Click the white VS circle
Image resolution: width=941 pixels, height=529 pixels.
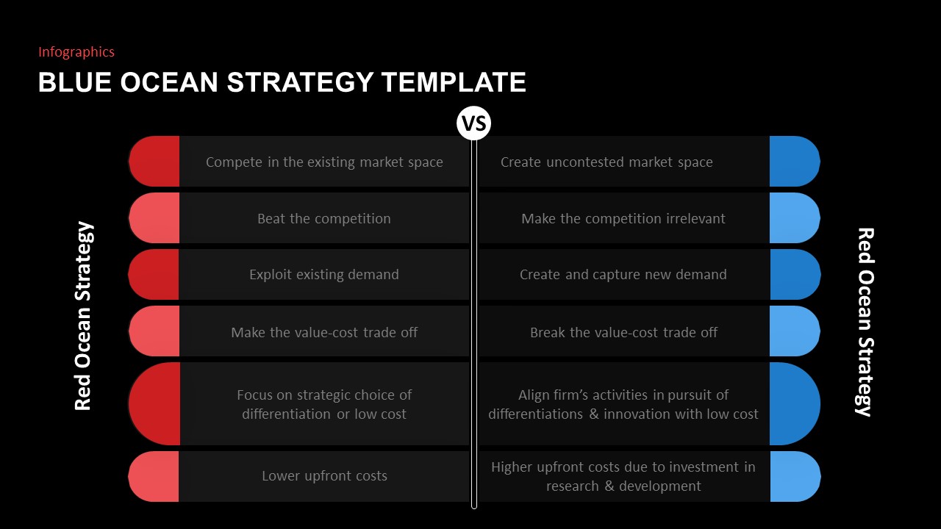(473, 123)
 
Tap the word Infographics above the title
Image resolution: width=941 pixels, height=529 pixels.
(76, 52)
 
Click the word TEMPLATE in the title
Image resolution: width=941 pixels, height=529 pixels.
(454, 82)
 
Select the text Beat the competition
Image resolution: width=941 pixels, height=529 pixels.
(324, 218)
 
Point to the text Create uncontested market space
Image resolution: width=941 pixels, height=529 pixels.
(607, 162)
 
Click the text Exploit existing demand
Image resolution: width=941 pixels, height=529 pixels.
(324, 274)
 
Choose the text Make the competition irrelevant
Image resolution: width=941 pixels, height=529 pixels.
(623, 218)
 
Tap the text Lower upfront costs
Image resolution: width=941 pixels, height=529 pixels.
(324, 476)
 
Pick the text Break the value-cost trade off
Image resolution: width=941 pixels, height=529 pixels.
(623, 332)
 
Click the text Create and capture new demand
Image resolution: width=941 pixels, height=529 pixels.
(623, 274)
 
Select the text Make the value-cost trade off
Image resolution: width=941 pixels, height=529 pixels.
(324, 332)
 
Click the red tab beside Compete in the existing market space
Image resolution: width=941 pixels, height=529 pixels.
(155, 161)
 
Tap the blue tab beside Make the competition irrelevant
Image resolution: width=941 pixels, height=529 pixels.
(794, 218)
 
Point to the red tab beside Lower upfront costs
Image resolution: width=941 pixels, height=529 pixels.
(155, 476)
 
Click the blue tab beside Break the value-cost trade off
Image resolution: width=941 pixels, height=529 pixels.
(794, 331)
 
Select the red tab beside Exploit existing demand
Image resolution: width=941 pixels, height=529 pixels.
(155, 274)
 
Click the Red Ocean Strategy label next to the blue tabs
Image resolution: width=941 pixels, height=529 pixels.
(865, 322)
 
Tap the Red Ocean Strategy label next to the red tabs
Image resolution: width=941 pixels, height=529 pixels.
(84, 316)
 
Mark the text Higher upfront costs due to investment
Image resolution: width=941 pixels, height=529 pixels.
(623, 467)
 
